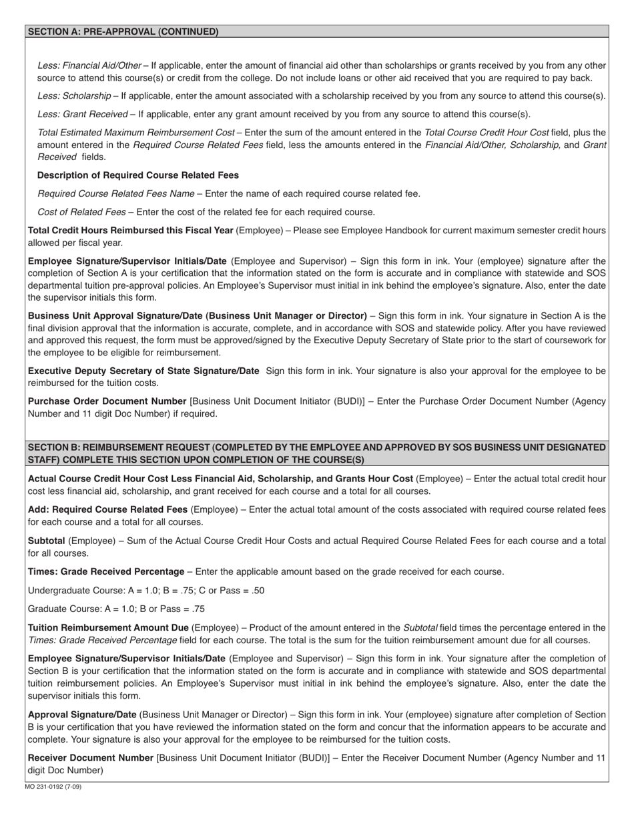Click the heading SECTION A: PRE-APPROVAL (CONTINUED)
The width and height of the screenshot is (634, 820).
click(x=123, y=31)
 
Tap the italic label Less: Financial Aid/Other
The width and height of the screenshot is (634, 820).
click(x=89, y=65)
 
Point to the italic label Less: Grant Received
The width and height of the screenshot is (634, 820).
click(x=83, y=114)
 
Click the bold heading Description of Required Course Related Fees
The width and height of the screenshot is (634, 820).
click(x=138, y=175)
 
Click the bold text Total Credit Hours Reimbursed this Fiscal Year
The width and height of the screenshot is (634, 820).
click(x=130, y=231)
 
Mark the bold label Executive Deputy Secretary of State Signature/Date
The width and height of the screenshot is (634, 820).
click(x=143, y=371)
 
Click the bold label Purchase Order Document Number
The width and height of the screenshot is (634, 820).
click(x=107, y=401)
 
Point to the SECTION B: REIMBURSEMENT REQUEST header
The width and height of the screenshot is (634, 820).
click(x=317, y=453)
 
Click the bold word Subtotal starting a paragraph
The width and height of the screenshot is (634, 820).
click(x=46, y=541)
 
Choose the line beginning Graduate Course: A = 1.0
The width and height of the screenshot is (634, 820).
click(x=116, y=609)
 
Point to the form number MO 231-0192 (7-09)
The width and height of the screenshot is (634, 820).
click(x=53, y=787)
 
